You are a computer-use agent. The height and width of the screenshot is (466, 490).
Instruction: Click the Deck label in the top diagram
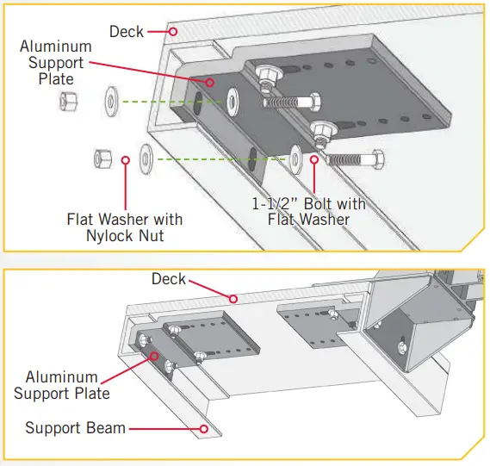coord(126,32)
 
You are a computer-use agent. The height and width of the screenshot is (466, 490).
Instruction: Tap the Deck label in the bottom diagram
coord(169,279)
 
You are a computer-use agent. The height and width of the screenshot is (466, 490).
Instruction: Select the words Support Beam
coord(75,428)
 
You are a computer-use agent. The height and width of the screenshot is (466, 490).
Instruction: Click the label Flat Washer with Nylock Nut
coord(124,227)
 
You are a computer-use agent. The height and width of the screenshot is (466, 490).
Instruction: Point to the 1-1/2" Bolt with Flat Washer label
coord(308,211)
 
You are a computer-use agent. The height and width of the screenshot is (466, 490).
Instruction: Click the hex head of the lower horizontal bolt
coord(376,160)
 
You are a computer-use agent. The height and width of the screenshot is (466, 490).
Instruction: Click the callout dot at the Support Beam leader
coord(204,427)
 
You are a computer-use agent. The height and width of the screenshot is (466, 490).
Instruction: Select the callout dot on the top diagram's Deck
coord(173,32)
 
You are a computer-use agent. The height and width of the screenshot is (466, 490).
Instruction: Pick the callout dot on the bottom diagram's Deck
coord(232,299)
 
